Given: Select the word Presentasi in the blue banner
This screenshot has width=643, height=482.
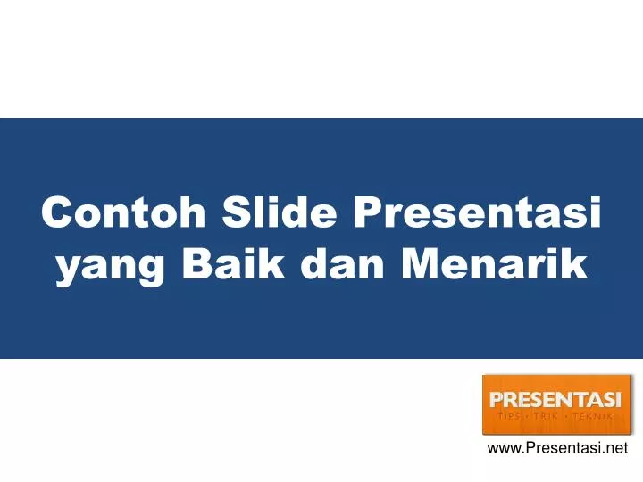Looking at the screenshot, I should click(x=478, y=214).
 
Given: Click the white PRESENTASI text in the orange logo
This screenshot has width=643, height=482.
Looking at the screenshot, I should click(x=555, y=399).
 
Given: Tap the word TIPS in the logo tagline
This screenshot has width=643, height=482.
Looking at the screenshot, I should click(x=510, y=416).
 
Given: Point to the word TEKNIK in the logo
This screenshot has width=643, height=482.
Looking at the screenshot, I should click(x=591, y=416).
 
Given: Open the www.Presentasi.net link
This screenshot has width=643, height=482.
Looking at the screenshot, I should click(x=557, y=449).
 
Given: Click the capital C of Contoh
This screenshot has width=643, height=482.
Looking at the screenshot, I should click(x=58, y=214).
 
